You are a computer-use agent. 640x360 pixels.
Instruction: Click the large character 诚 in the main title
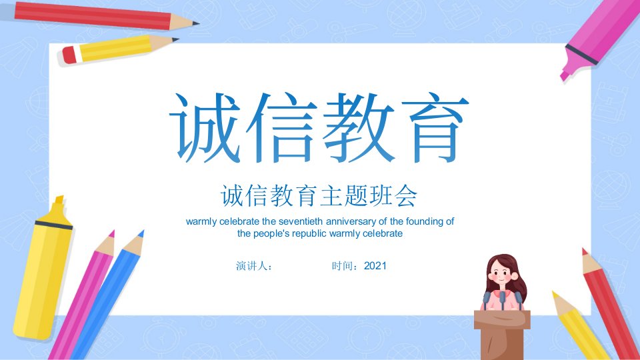point(205,127)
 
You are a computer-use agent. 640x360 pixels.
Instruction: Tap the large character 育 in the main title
point(435,127)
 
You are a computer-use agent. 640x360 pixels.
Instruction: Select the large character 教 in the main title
point(359,127)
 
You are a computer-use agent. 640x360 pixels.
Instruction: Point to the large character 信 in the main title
point(281,127)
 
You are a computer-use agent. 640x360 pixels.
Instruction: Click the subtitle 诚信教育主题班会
point(319,195)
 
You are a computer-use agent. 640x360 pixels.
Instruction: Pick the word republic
point(309,233)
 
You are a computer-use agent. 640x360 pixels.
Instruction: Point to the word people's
point(271,234)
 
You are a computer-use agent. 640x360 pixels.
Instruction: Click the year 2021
point(375,266)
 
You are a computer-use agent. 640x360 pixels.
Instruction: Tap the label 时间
point(341,266)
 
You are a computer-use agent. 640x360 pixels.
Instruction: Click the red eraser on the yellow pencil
point(69,55)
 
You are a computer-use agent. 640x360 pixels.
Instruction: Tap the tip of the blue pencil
point(141,233)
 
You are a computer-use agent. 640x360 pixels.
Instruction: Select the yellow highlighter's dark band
point(53,224)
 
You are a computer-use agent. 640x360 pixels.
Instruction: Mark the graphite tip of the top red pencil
point(196,23)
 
